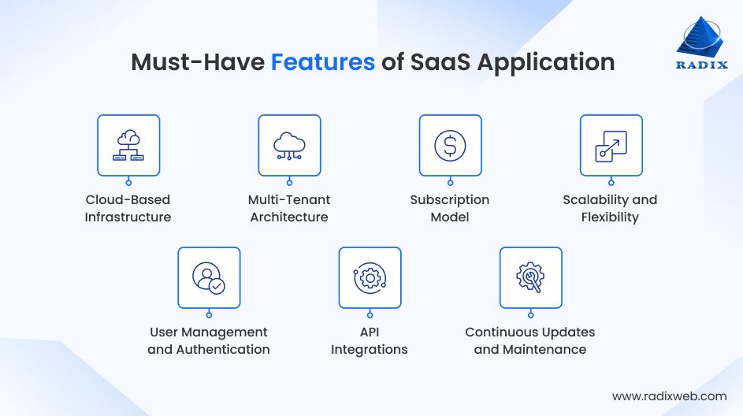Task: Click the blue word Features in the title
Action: [323, 62]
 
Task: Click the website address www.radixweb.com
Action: [669, 396]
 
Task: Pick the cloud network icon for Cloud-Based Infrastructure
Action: [128, 145]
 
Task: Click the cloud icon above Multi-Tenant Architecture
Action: [289, 145]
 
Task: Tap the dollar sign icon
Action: [450, 145]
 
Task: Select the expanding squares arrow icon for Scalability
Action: [611, 145]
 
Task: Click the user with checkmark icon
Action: [209, 277]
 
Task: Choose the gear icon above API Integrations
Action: [370, 277]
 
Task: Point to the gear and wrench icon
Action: [530, 277]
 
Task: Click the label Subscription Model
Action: [450, 208]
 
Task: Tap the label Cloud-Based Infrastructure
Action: [128, 208]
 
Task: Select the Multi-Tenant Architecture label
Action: [289, 208]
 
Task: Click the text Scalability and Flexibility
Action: [610, 208]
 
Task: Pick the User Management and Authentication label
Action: [209, 340]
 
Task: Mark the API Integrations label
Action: [370, 340]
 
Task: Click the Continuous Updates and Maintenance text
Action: [530, 340]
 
